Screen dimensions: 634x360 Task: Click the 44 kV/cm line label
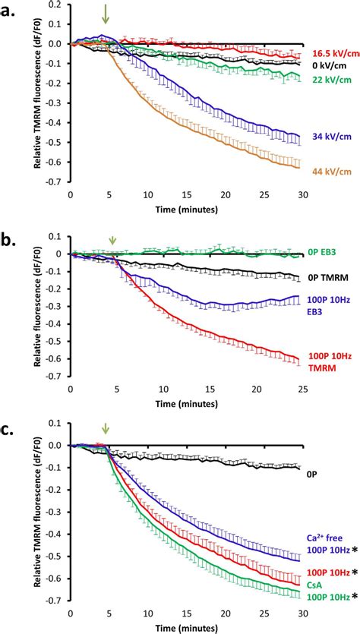point(333,172)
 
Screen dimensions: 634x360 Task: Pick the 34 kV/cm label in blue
point(333,137)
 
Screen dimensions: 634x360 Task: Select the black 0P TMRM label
point(333,278)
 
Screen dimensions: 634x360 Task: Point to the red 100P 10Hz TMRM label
point(333,364)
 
